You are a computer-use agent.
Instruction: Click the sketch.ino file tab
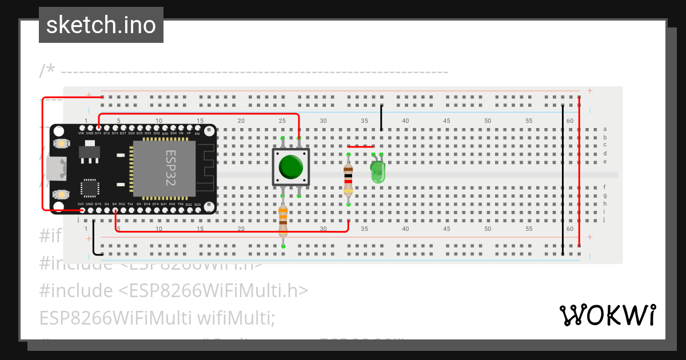pos(101,25)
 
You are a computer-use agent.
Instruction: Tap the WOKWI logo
pos(607,315)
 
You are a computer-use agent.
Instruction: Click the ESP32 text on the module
pos(170,169)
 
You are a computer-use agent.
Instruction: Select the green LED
pos(378,171)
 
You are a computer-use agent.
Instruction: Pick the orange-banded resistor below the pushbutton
pos(283,221)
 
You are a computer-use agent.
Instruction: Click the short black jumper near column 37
pos(381,118)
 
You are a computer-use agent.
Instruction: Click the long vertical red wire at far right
pos(579,171)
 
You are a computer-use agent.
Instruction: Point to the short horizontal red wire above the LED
pos(361,146)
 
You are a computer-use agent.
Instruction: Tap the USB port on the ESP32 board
pos(57,169)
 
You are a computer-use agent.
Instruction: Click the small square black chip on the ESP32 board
pos(90,188)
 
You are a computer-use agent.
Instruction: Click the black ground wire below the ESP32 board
pos(94,240)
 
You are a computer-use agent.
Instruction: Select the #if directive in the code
pos(50,236)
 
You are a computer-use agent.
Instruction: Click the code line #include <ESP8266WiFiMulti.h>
pos(174,291)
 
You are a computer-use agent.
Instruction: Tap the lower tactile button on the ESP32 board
pos(59,194)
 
